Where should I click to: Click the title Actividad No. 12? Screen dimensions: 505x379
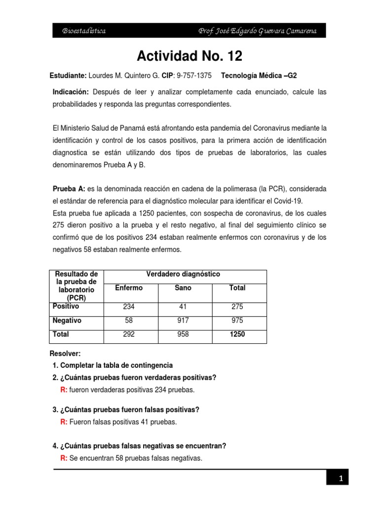(x=189, y=56)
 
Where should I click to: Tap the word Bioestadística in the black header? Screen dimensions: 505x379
(x=83, y=31)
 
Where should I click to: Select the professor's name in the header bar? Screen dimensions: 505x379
(x=257, y=31)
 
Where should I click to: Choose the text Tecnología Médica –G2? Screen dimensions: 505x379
(x=259, y=75)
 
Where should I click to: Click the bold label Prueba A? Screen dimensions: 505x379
(x=69, y=189)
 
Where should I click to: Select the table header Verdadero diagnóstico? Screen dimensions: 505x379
(x=183, y=274)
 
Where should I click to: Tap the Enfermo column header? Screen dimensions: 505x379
(x=129, y=288)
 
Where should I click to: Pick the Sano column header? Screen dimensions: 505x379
(x=183, y=288)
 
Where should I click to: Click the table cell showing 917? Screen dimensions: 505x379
(x=183, y=321)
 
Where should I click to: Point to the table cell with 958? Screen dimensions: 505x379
(x=183, y=334)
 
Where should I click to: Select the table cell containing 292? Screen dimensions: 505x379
(x=129, y=334)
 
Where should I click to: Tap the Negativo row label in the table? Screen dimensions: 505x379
(x=67, y=321)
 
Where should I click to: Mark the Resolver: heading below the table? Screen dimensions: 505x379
(x=65, y=354)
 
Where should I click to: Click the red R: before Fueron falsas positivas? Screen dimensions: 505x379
(x=64, y=422)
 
